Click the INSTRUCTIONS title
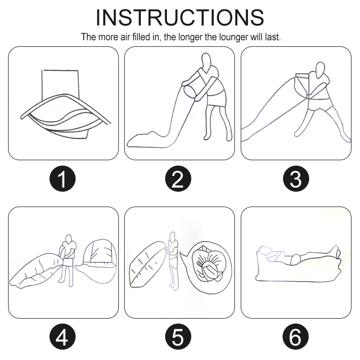[x=180, y=18]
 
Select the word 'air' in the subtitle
[x=125, y=37]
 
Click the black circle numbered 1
[x=63, y=179]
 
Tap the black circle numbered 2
[x=178, y=179]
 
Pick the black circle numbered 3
[x=296, y=179]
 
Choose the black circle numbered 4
[x=63, y=337]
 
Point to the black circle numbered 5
[x=178, y=337]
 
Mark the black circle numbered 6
[x=296, y=337]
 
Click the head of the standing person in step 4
[x=68, y=239]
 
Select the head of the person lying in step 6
[x=265, y=251]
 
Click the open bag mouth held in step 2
[x=191, y=93]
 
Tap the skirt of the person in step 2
[x=217, y=99]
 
